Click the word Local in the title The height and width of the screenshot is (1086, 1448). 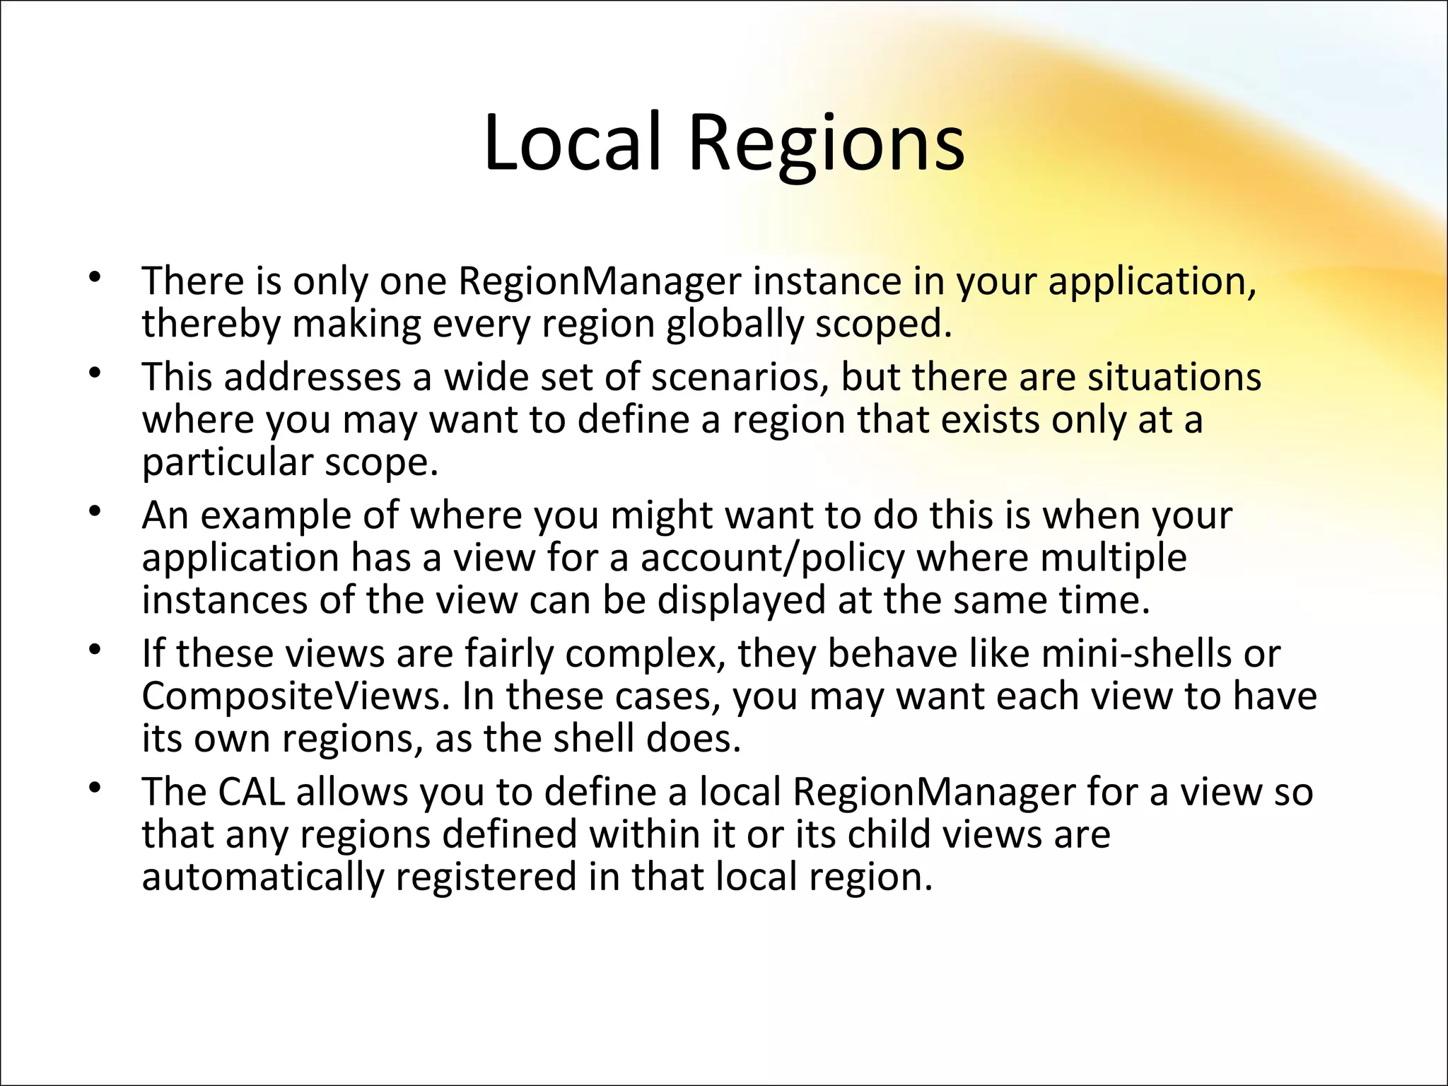(x=572, y=143)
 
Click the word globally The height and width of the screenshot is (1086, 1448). (x=735, y=325)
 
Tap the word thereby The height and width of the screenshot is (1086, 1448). (x=211, y=325)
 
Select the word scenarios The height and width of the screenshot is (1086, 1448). (x=740, y=377)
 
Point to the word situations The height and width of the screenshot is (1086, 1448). (x=1174, y=377)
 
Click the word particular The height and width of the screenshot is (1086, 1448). (x=228, y=463)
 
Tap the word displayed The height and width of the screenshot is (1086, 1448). (x=742, y=601)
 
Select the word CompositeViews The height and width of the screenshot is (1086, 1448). (x=296, y=696)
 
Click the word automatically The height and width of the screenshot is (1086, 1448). (x=263, y=877)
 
